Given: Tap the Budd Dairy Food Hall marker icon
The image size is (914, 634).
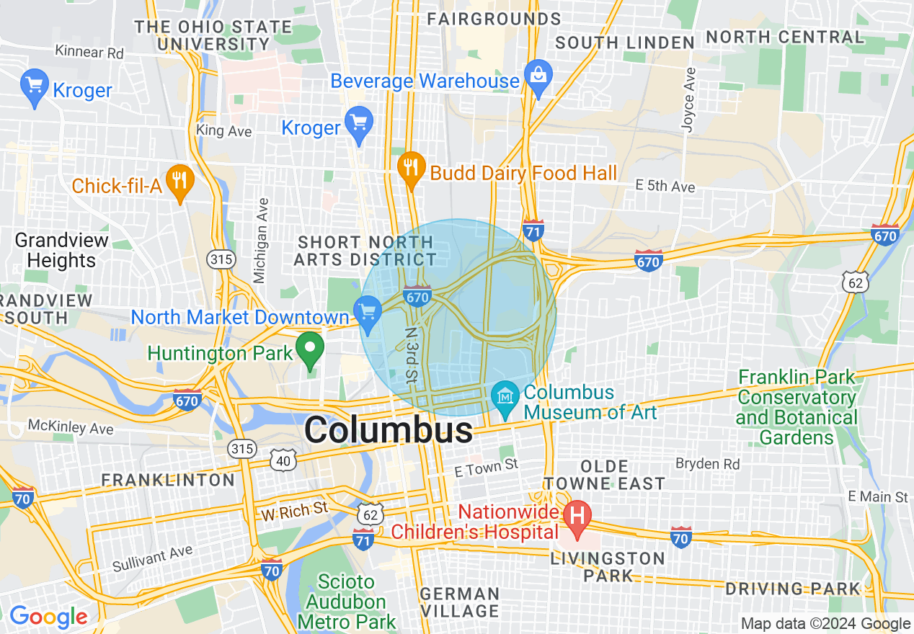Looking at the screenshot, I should [411, 168].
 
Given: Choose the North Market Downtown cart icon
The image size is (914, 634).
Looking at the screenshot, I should [368, 313].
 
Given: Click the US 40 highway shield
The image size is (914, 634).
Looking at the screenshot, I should [283, 459].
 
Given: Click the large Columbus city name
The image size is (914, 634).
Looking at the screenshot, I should [389, 431].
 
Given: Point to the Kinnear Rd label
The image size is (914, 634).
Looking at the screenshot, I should [89, 52].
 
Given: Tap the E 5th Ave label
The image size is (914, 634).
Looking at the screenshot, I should [665, 186].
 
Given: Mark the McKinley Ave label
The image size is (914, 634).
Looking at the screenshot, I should [71, 427].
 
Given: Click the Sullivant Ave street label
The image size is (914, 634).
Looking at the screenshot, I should [153, 559].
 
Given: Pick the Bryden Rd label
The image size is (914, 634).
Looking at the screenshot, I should [708, 463].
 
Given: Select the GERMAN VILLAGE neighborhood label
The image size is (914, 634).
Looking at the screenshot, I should [460, 602].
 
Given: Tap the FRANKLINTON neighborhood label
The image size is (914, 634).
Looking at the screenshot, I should [168, 480].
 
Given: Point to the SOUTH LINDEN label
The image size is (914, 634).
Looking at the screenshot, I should [624, 43].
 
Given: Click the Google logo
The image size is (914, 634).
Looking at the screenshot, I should [48, 617].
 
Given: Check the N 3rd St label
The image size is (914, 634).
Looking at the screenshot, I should [411, 354].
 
